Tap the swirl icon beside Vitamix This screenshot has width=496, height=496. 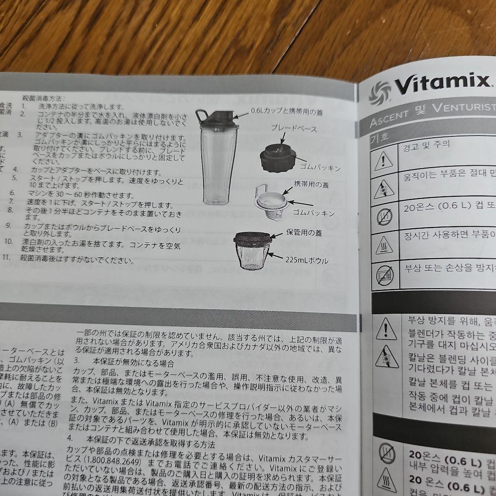pyautogui.click(x=379, y=90)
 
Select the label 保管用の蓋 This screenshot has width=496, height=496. pyautogui.click(x=304, y=233)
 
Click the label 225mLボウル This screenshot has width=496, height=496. pyautogui.click(x=307, y=260)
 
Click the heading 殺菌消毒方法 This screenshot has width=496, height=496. pyautogui.click(x=44, y=98)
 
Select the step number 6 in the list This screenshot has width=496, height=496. pyautogui.click(x=12, y=192)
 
